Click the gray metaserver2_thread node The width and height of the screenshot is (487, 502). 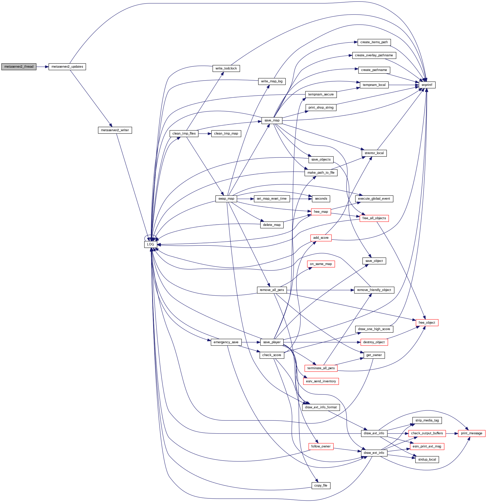point(19,67)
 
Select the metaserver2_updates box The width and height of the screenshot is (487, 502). point(67,67)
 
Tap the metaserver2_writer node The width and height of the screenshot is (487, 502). point(115,130)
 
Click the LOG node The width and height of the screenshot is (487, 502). point(151,244)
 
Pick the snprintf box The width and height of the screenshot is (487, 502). point(427,85)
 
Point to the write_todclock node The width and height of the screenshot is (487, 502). point(226,68)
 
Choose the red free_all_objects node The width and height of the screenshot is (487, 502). point(374,218)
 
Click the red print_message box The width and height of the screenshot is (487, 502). point(472,433)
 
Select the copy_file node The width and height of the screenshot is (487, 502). point(321,486)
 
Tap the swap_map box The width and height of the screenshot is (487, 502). point(226,199)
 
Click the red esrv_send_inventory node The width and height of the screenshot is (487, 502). point(321,381)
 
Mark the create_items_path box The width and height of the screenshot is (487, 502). point(374,42)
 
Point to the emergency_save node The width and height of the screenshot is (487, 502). point(226,342)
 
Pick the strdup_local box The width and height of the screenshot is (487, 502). point(427,460)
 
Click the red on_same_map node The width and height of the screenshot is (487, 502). point(321,264)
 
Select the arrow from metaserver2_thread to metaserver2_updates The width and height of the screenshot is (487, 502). point(42,67)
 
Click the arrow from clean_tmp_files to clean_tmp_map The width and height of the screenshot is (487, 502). point(205,134)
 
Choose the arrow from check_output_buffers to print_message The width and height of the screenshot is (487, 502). point(452,433)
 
